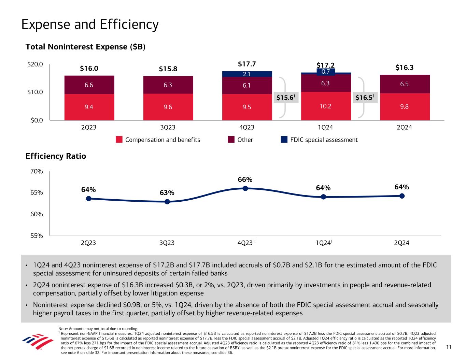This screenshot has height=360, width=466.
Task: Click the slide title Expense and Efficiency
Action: [x=90, y=25]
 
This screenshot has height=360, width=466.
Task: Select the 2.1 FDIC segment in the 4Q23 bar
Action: [x=247, y=74]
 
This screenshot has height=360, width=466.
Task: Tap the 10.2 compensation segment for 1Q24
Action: [x=326, y=106]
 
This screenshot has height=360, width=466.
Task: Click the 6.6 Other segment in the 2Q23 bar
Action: [x=89, y=85]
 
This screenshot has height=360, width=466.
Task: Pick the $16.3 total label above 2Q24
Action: [x=404, y=68]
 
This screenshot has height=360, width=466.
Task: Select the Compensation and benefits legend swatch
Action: [x=119, y=140]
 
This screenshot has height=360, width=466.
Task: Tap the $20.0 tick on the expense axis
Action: [x=36, y=64]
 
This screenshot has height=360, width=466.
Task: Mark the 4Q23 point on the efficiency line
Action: [x=245, y=188]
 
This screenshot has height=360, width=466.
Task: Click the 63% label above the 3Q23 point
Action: [x=167, y=193]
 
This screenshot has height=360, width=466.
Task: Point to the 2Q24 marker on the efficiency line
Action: [x=402, y=196]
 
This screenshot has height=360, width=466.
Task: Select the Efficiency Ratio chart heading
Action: [x=56, y=156]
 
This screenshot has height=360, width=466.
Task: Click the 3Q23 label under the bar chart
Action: [x=168, y=128]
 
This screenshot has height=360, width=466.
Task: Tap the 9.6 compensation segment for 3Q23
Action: [x=168, y=107]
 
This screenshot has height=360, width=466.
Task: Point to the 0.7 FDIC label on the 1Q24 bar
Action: [x=326, y=72]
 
